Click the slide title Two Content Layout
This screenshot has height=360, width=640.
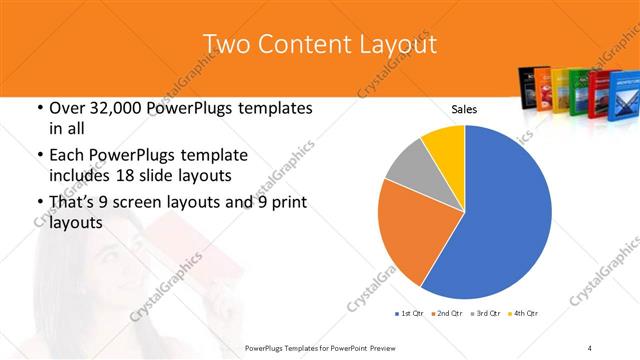click(x=319, y=45)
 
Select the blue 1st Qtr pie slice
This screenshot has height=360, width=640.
click(x=500, y=220)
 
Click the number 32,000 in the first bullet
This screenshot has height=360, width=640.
click(x=111, y=108)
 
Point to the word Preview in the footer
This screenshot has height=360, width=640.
click(x=388, y=347)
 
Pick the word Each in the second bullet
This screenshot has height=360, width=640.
click(x=62, y=155)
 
